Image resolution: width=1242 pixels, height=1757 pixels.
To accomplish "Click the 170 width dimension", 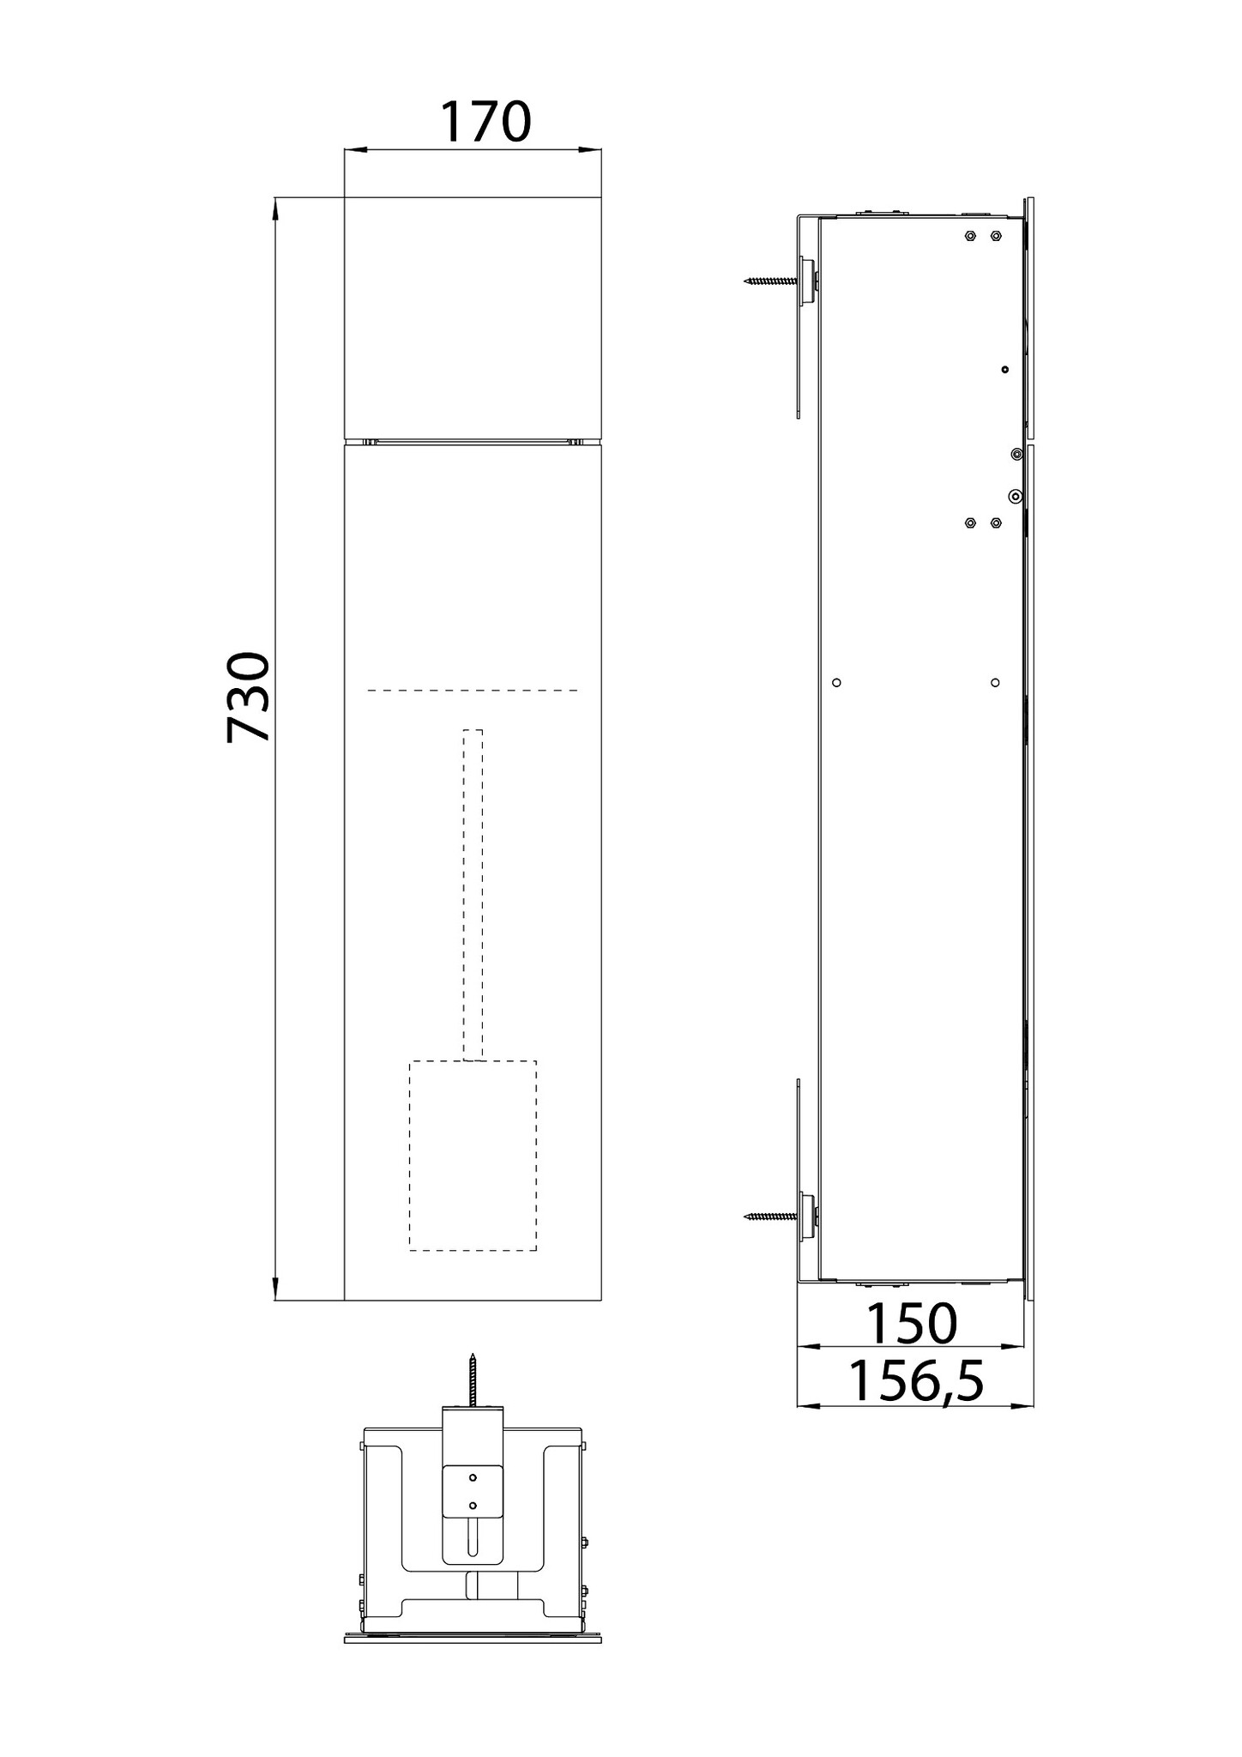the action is coord(486,122).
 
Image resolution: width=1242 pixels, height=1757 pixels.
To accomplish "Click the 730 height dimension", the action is coord(249,697).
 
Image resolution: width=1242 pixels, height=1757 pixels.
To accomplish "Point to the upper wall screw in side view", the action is coord(771,280).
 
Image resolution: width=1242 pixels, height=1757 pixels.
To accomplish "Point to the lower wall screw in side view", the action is coord(771,1216).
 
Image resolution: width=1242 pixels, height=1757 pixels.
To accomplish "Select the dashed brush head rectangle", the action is coord(473,1155).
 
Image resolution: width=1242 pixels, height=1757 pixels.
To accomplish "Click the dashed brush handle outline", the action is coord(473,895).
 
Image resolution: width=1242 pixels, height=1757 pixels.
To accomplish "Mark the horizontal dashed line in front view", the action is coord(473,690).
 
